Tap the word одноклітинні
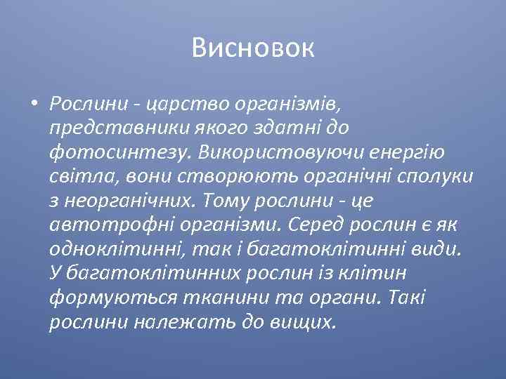105,248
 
